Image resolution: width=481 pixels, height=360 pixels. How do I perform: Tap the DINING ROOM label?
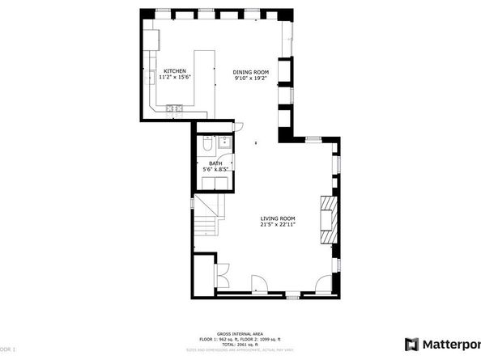click(x=251, y=71)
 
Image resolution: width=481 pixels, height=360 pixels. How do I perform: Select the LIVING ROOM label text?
click(x=277, y=218)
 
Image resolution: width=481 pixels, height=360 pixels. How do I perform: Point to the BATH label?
click(x=215, y=164)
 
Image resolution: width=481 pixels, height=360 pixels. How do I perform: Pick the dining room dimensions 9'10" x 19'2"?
click(x=251, y=78)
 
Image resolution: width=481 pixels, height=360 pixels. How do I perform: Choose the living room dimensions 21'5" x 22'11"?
click(x=277, y=225)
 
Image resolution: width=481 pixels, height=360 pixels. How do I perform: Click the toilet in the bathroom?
click(x=206, y=145)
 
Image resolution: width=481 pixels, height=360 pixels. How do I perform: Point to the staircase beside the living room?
click(x=206, y=218)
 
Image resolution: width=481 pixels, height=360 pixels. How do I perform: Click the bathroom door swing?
click(x=236, y=125)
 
